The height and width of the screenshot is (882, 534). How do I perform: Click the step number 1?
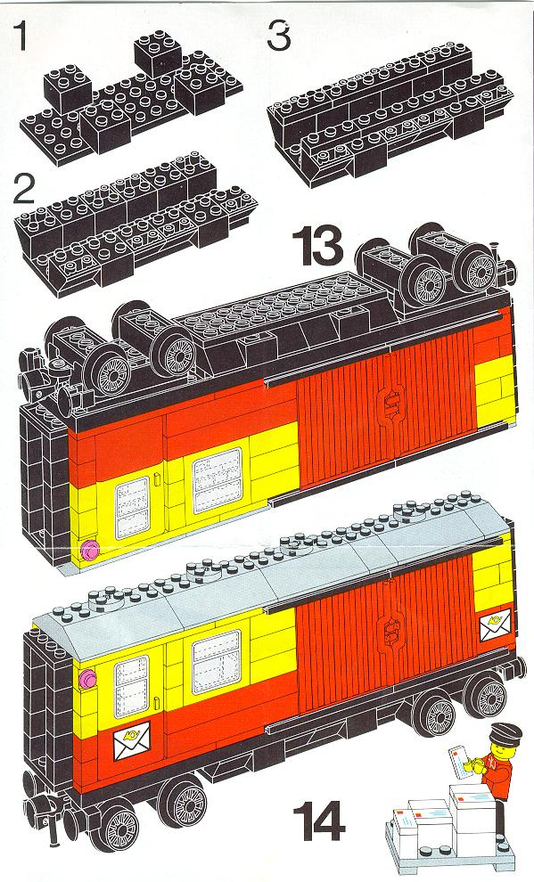point(21,35)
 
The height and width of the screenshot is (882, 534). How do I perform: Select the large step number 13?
point(318,246)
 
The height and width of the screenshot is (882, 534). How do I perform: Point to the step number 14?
point(318,822)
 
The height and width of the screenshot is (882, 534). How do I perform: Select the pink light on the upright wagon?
point(87,679)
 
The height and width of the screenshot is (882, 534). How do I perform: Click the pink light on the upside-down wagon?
point(89,549)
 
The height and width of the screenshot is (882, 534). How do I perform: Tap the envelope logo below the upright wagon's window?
point(132,741)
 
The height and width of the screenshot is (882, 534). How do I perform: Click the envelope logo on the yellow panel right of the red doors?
point(495,625)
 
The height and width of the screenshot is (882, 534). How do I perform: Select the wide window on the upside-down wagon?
point(218,480)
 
